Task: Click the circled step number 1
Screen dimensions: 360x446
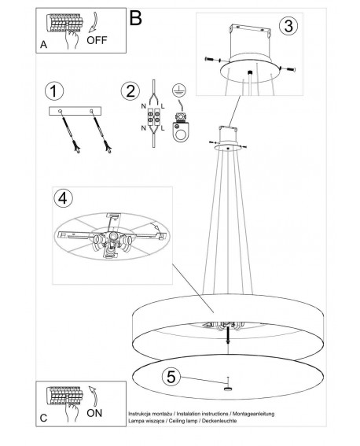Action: [x=54, y=91]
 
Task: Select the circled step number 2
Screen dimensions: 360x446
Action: [x=130, y=91]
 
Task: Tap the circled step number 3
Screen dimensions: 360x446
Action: [x=288, y=26]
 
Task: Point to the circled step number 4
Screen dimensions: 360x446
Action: [x=63, y=198]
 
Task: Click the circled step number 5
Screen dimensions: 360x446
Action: [x=171, y=377]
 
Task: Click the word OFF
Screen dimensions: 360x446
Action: [x=97, y=40]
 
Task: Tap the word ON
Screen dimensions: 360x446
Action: [x=94, y=413]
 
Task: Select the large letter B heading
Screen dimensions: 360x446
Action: [x=135, y=18]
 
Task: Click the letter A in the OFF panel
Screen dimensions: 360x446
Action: [x=43, y=45]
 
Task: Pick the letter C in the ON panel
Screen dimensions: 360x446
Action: [x=43, y=418]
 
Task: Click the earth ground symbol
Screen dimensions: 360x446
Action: [x=179, y=90]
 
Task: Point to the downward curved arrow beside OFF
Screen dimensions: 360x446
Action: [x=94, y=22]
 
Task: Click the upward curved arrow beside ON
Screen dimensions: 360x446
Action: [x=94, y=396]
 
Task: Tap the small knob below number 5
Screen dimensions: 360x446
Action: [x=227, y=389]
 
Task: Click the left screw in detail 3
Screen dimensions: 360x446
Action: [x=213, y=60]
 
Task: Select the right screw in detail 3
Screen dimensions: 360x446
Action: [x=288, y=68]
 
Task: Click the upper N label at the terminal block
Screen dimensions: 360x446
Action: [x=144, y=107]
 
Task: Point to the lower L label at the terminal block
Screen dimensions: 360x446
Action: [x=163, y=128]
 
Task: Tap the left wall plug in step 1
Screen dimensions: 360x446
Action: [x=70, y=131]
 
